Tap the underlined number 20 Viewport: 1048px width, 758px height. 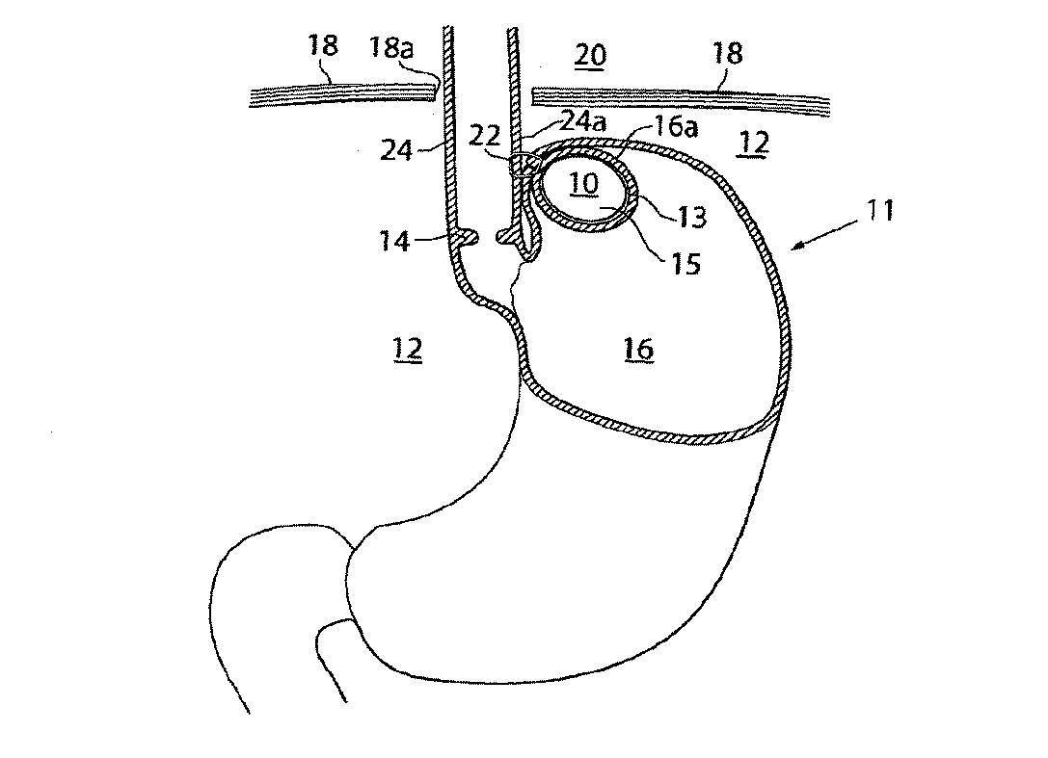(x=590, y=55)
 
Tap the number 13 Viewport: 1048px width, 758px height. (x=691, y=218)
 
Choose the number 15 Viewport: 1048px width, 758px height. (x=685, y=263)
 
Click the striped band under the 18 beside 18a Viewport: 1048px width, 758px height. (x=337, y=94)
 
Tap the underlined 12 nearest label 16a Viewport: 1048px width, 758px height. (x=755, y=144)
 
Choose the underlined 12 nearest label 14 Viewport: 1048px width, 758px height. (x=407, y=349)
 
